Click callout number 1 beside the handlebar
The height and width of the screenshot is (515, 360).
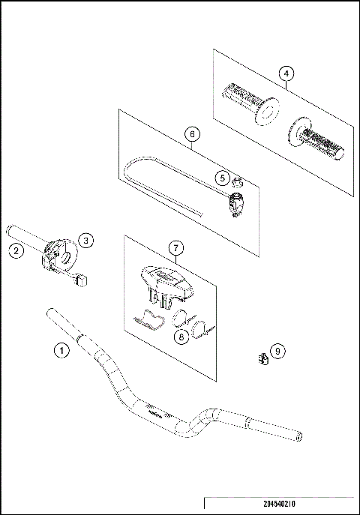[62, 349]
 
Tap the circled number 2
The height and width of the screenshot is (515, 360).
[15, 251]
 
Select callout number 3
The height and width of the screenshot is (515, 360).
[86, 240]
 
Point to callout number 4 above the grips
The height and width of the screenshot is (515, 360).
[286, 73]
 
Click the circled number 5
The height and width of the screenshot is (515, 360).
[222, 178]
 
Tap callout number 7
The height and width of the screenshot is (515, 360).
[175, 248]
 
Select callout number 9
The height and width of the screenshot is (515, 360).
[277, 351]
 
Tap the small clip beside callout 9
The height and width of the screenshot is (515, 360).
[263, 358]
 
